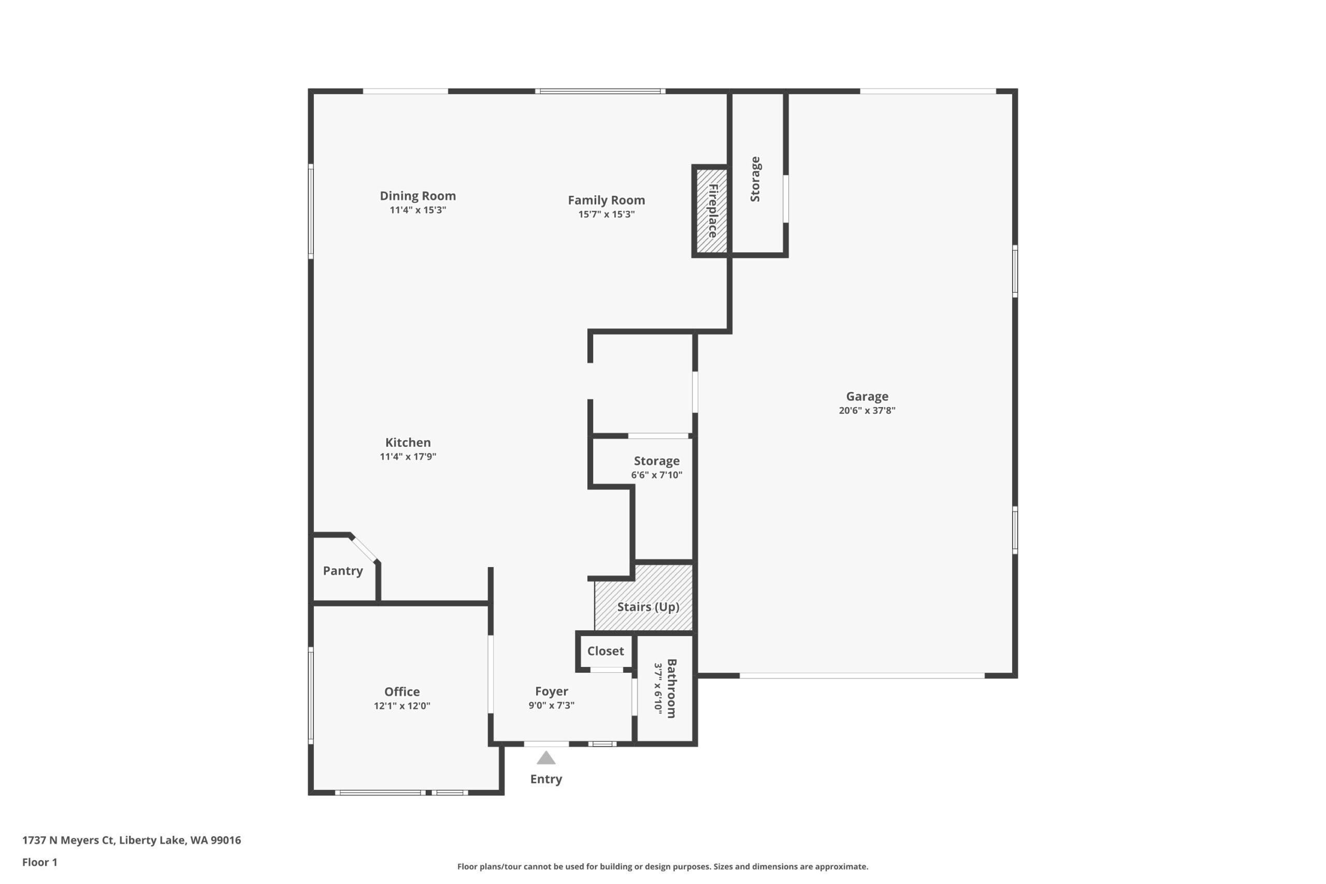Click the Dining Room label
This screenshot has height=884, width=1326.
click(x=418, y=196)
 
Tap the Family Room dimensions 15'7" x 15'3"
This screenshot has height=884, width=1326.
click(x=607, y=214)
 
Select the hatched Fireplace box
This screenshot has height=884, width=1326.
click(x=712, y=211)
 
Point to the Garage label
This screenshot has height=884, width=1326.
click(x=867, y=396)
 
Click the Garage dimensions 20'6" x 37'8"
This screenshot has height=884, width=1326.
click(x=867, y=411)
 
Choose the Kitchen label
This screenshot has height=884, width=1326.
click(x=408, y=443)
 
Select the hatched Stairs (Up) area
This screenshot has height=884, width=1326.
click(x=644, y=598)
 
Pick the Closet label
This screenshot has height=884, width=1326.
click(x=606, y=651)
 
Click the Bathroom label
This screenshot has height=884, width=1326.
click(x=671, y=688)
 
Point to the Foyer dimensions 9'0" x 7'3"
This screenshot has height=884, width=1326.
click(x=551, y=705)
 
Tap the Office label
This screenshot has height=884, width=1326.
click(x=402, y=692)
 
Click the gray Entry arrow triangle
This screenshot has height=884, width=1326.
click(x=546, y=758)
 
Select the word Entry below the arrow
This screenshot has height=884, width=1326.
click(x=546, y=779)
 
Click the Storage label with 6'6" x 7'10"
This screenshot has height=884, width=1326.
click(x=657, y=461)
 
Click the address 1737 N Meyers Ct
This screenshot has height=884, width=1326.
click(x=68, y=840)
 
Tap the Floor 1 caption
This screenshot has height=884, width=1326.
click(x=40, y=862)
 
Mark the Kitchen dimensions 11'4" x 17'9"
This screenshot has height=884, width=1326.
click(x=408, y=457)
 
